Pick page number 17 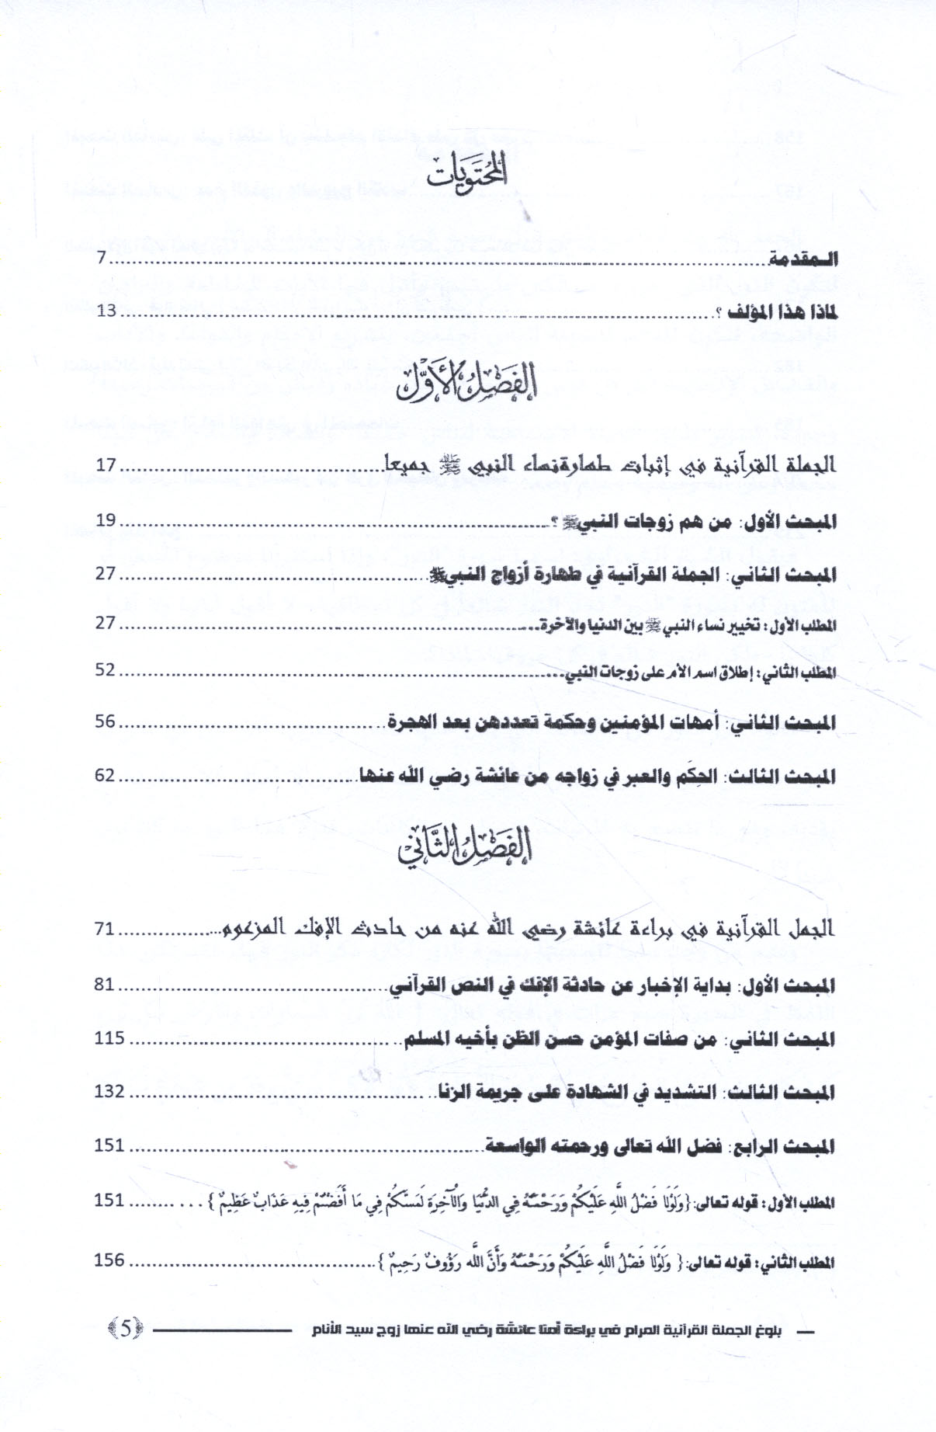click(x=106, y=465)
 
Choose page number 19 click(x=106, y=520)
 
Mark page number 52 click(x=106, y=669)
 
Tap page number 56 click(x=106, y=721)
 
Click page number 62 click(x=106, y=775)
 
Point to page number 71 click(x=106, y=928)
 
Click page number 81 click(x=106, y=985)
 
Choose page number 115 click(x=109, y=1038)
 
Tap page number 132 click(x=109, y=1091)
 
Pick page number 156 click(x=109, y=1260)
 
